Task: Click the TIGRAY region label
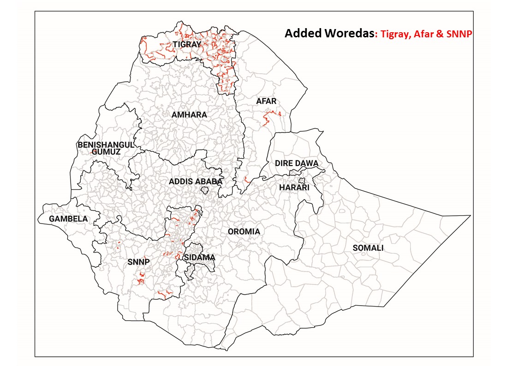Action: pos(187,45)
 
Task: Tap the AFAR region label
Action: pos(266,101)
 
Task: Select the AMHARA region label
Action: pos(189,114)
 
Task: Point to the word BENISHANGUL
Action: pos(105,144)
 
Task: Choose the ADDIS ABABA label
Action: pos(196,182)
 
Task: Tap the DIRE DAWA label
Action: pos(297,164)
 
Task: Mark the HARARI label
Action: pos(294,188)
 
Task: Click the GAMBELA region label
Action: pos(68,219)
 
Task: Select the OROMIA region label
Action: pos(244,231)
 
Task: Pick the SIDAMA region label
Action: pos(199,257)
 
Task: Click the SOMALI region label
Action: pos(368,248)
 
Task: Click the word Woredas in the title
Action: pos(348,34)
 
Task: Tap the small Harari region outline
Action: pos(302,181)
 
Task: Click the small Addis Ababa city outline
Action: pos(205,190)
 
